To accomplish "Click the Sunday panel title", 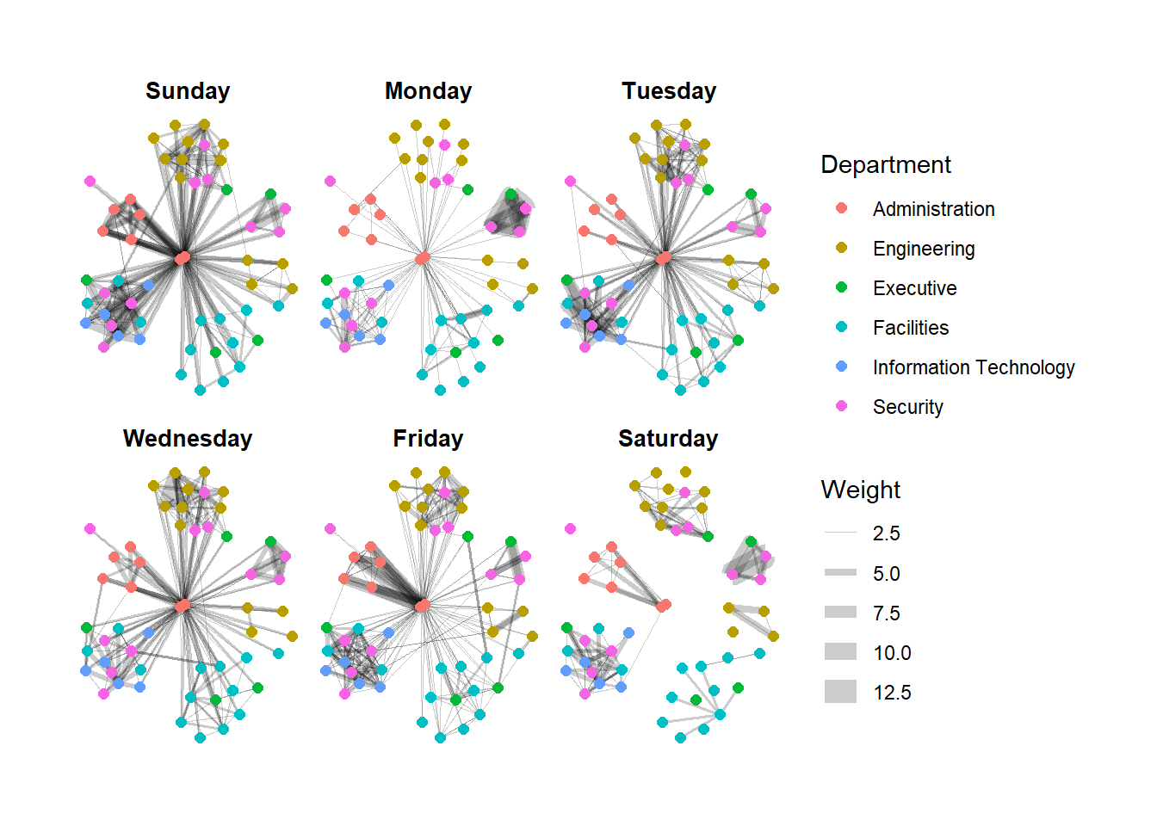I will tap(188, 91).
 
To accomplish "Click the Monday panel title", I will tap(428, 91).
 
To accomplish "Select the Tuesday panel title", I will tap(669, 91).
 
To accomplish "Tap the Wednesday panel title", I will tap(188, 439).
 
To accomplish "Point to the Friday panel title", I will tap(428, 439).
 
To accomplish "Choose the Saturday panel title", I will tap(668, 439).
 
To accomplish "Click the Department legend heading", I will tap(886, 164).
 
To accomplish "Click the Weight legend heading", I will tap(861, 490).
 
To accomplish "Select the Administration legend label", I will tap(933, 209).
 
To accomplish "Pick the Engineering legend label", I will tap(924, 249).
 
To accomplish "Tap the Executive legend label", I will tap(914, 288).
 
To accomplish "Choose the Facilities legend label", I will tap(910, 328).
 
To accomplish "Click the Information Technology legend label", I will tap(973, 367).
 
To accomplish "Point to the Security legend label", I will tap(907, 407).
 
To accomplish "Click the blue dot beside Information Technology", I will tap(841, 367).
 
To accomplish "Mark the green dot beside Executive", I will tap(841, 287).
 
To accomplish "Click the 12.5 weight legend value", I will tap(892, 693).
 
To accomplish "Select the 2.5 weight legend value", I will tap(886, 533).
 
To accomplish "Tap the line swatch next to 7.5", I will tap(840, 612).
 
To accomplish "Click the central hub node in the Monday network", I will tap(423, 258).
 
